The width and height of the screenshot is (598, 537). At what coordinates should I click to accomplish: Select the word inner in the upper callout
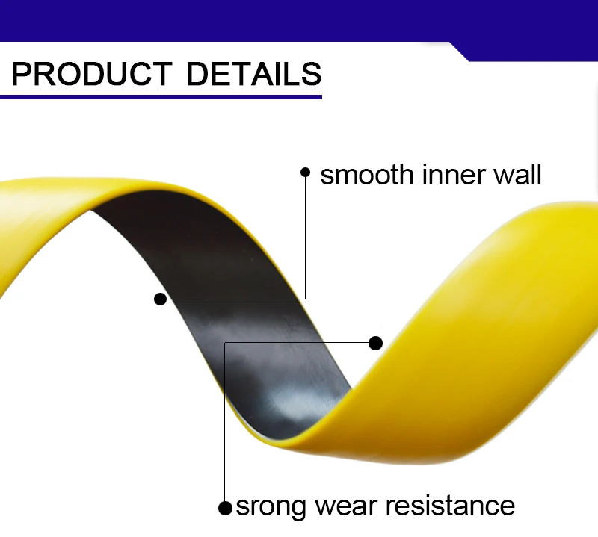449,175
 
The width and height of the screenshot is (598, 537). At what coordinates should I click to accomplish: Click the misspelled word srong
270,506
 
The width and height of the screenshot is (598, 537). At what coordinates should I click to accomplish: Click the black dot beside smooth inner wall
305,172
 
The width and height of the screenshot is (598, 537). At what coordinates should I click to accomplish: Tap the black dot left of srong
224,508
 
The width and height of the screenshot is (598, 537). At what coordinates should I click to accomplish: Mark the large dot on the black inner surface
160,299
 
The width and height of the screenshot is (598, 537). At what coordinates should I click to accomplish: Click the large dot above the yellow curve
376,343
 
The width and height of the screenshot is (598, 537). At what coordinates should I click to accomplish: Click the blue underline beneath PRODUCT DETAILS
161,96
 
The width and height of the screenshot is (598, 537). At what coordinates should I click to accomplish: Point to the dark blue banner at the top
299,19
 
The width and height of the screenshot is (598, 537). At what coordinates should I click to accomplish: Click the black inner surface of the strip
224,284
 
